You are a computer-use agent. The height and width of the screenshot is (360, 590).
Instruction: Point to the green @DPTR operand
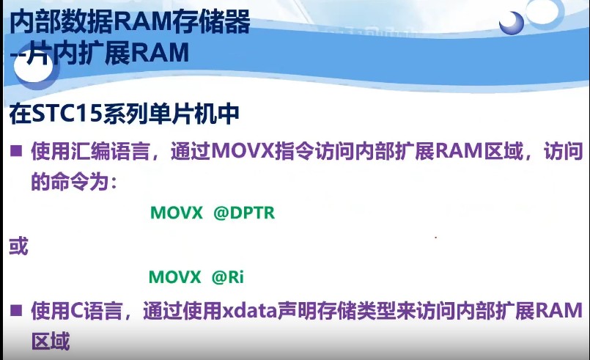coord(243,213)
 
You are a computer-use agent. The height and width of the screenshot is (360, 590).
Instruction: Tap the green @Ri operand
coord(227,277)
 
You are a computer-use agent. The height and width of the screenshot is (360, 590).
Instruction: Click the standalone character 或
coord(18,246)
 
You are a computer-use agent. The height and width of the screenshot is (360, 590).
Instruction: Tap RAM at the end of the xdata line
coord(559,310)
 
